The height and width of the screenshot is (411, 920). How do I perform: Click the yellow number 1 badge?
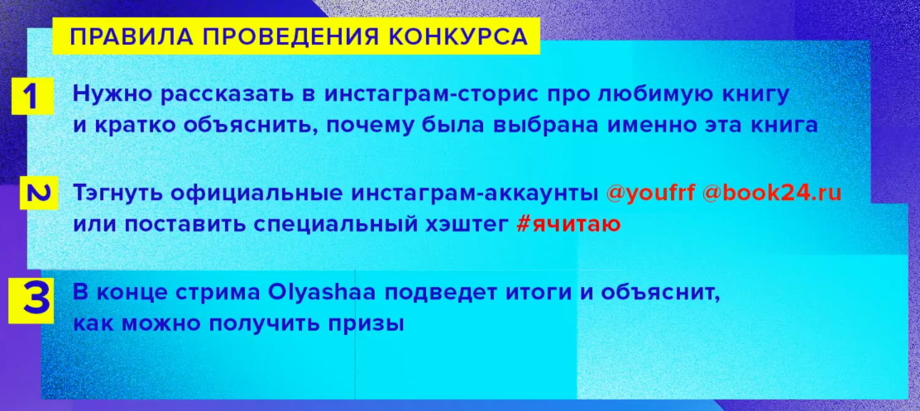31,96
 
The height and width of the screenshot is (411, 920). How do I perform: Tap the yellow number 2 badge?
38,194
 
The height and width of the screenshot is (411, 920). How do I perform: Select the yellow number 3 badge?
31,299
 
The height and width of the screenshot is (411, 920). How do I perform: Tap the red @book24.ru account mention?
772,194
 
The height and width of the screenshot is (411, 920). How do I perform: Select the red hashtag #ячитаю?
568,223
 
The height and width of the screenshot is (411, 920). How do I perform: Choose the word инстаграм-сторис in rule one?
411,94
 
